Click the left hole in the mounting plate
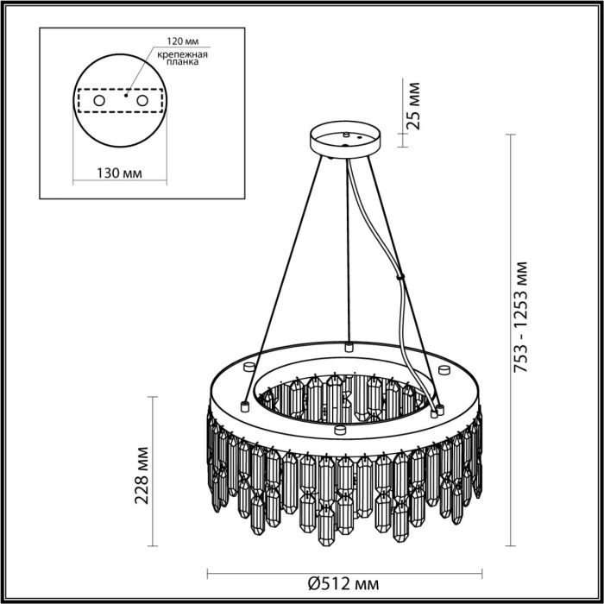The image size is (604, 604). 98,102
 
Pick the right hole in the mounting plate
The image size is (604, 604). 156,102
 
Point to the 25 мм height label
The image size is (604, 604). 414,105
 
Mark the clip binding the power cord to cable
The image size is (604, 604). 400,277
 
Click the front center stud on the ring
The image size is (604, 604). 340,429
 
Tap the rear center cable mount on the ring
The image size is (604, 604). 349,347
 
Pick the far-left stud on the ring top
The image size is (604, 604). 245,404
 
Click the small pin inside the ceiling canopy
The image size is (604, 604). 346,135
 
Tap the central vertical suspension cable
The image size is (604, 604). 348,250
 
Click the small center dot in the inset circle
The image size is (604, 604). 127,96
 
